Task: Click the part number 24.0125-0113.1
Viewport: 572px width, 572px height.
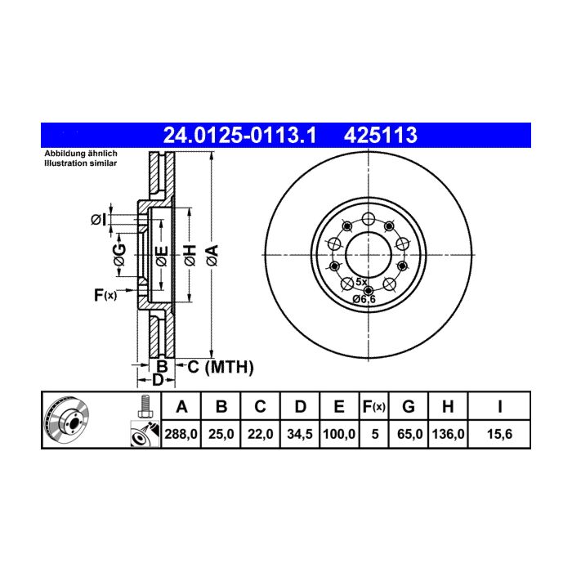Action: (239, 136)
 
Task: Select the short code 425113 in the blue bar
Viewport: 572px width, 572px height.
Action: (381, 136)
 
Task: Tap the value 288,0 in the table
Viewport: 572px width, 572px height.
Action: (181, 434)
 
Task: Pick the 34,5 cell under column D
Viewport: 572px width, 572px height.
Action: (300, 434)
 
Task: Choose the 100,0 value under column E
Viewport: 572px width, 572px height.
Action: (339, 434)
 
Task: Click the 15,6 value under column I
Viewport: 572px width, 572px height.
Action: (499, 434)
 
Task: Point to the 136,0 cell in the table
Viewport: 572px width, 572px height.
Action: (448, 434)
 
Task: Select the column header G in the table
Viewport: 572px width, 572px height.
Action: (409, 406)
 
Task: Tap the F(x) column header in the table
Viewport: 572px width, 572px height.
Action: (374, 406)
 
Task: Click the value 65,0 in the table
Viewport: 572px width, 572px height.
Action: (409, 434)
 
